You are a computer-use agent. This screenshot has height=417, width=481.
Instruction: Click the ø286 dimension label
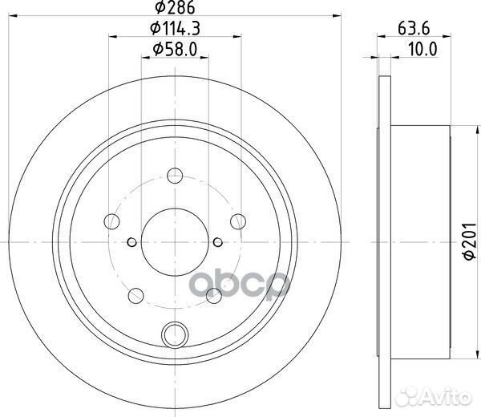tap(175, 7)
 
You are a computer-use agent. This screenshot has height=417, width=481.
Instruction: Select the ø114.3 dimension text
tap(175, 29)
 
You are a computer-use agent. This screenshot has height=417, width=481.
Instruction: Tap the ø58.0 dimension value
tap(175, 50)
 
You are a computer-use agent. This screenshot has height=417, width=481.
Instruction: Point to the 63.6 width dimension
tap(414, 29)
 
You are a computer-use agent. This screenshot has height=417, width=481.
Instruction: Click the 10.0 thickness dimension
tap(423, 50)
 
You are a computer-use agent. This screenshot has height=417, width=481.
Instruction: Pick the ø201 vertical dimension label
tap(469, 242)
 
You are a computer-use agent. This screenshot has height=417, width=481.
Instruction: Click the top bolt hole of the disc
tap(175, 176)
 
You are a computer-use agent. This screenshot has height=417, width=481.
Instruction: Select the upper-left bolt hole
tap(111, 221)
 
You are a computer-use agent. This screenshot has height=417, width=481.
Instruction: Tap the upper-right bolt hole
tap(238, 221)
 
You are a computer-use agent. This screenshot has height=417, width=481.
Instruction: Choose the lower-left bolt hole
tap(136, 296)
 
